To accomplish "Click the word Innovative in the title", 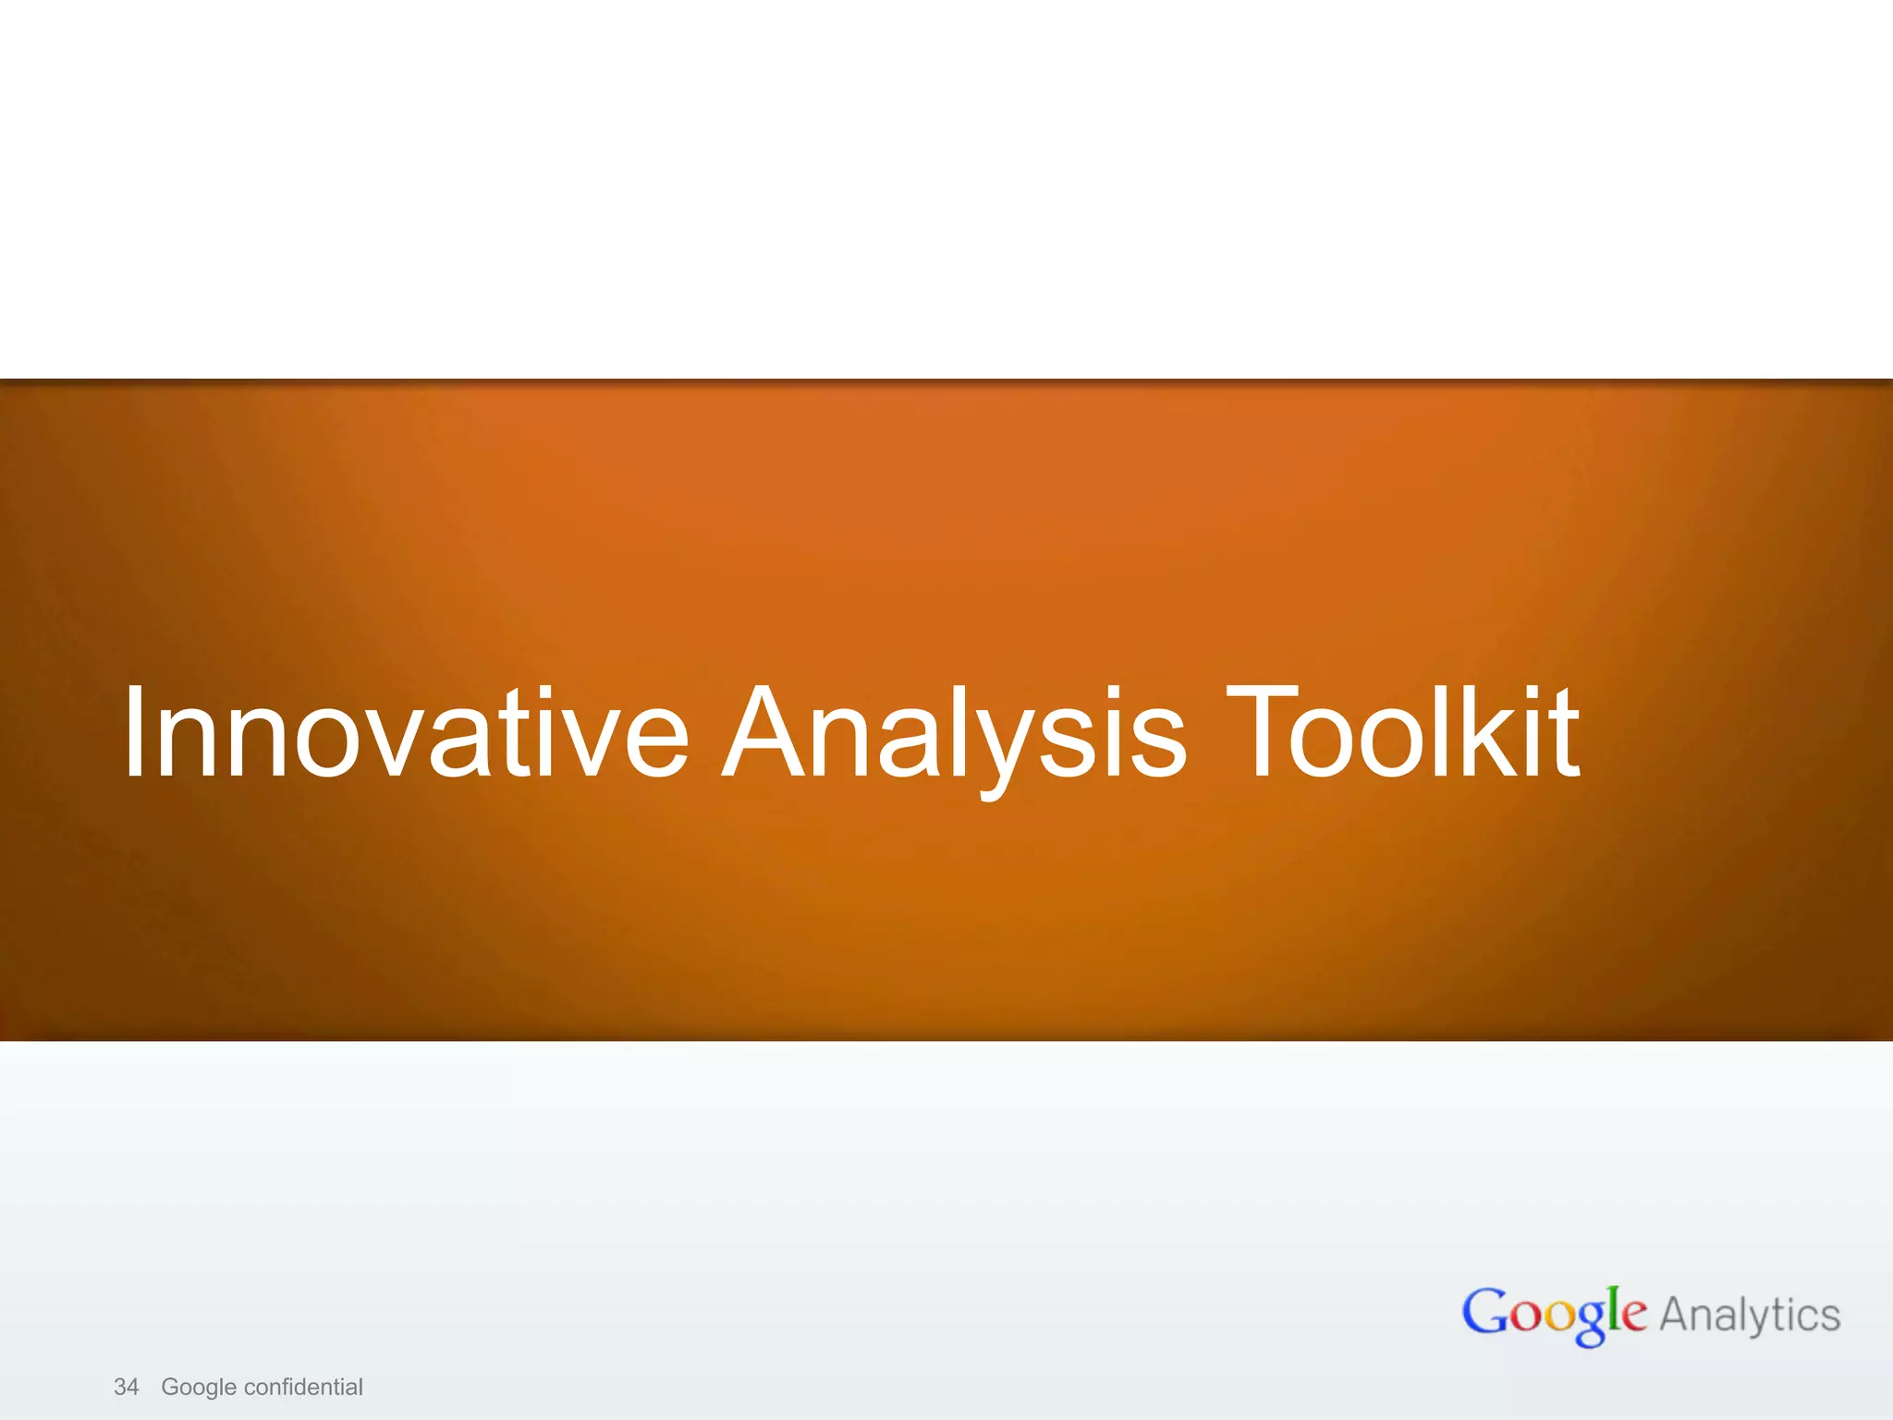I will click(x=405, y=732).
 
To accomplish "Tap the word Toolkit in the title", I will click(x=1403, y=732).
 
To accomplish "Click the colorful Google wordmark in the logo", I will click(x=1554, y=1314).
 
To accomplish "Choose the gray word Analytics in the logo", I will click(x=1750, y=1315).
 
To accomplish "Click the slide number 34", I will click(x=126, y=1387).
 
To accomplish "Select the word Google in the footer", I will click(x=199, y=1387).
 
